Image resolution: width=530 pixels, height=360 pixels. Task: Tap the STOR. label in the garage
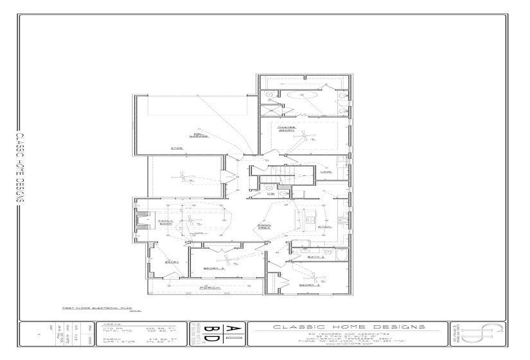[177, 148]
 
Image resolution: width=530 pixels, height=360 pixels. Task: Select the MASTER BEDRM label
[287, 129]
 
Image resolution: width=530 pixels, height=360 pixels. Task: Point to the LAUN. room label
[326, 172]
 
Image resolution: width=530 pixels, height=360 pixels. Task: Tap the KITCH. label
[324, 226]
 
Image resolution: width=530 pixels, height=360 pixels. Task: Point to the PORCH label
[206, 287]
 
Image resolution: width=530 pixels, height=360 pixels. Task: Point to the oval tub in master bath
[300, 95]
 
